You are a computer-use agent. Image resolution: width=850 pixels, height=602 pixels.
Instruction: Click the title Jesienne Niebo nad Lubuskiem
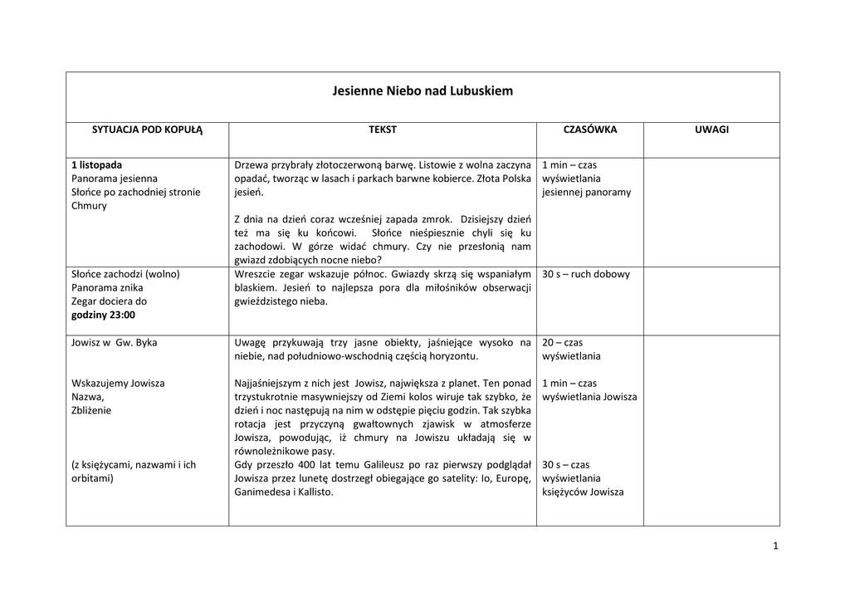coord(423,91)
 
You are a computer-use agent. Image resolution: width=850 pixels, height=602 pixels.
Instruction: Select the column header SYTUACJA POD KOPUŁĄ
coord(147,130)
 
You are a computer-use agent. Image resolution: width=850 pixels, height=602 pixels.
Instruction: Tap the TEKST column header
coord(382,130)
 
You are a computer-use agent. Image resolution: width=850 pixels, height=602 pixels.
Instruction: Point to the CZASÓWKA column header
coord(590,130)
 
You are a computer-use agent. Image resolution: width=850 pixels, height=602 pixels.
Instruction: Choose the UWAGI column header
coord(711,130)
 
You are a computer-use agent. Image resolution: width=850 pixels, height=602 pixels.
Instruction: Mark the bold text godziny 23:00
coord(103,315)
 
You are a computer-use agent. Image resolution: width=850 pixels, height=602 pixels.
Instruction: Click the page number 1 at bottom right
coord(774,546)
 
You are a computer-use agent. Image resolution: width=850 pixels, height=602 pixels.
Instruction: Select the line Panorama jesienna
coord(114,179)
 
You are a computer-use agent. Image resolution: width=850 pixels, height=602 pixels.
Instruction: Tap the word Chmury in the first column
coord(89,206)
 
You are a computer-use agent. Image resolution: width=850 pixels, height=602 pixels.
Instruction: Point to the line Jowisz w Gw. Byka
coord(114,342)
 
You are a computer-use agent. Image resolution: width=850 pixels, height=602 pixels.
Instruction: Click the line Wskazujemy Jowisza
coord(118,383)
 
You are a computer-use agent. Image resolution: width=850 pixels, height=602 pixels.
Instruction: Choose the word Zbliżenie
coord(91,410)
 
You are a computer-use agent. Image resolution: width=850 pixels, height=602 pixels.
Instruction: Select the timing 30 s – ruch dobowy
coord(585,274)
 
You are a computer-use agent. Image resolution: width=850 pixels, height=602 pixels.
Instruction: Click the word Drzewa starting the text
coord(253,164)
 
